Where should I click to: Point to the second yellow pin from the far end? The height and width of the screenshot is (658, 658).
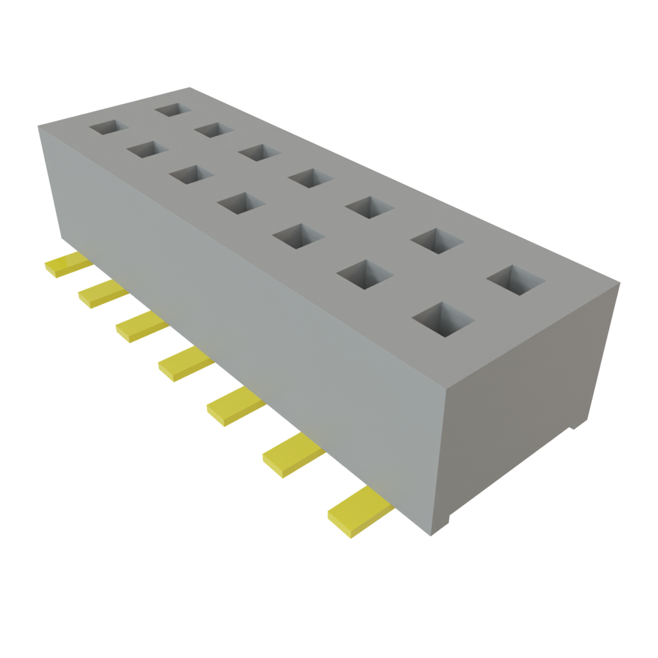click(x=101, y=293)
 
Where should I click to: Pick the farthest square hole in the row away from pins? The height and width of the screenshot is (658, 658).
click(x=173, y=109)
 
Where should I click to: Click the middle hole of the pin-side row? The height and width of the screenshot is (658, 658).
click(x=241, y=203)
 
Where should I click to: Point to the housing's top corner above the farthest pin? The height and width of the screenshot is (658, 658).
click(x=38, y=126)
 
